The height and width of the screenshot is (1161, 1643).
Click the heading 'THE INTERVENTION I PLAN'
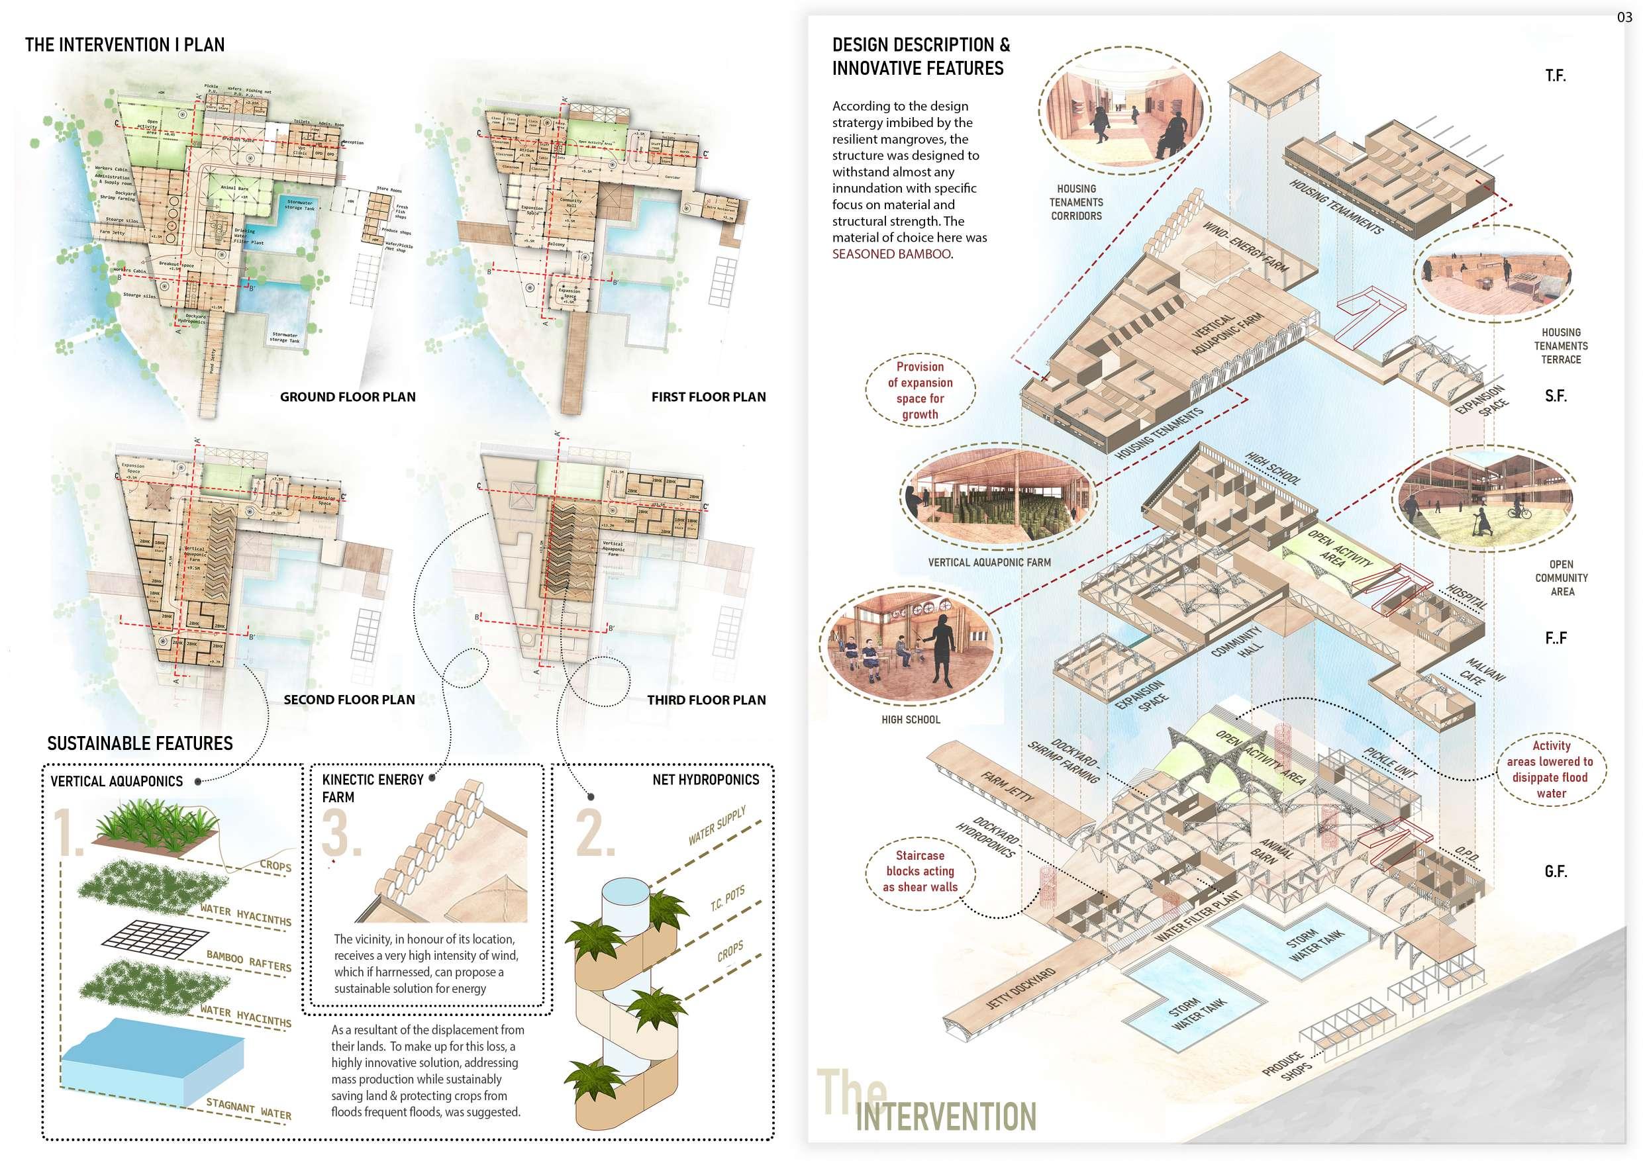(124, 44)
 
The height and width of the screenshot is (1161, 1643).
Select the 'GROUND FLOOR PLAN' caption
(347, 396)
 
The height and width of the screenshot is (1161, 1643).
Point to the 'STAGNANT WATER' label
(248, 1109)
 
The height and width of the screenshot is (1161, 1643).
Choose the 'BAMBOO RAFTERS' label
(248, 960)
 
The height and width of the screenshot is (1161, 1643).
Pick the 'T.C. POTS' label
(727, 898)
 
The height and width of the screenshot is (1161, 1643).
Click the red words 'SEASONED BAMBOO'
(891, 254)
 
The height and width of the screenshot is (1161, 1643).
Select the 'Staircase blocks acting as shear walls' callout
(920, 870)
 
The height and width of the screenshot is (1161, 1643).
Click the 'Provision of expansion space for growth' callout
(920, 390)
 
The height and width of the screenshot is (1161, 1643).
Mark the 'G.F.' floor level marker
(1556, 870)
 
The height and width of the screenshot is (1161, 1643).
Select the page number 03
(1624, 18)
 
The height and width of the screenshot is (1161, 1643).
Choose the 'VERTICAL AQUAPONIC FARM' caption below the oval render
(989, 562)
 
